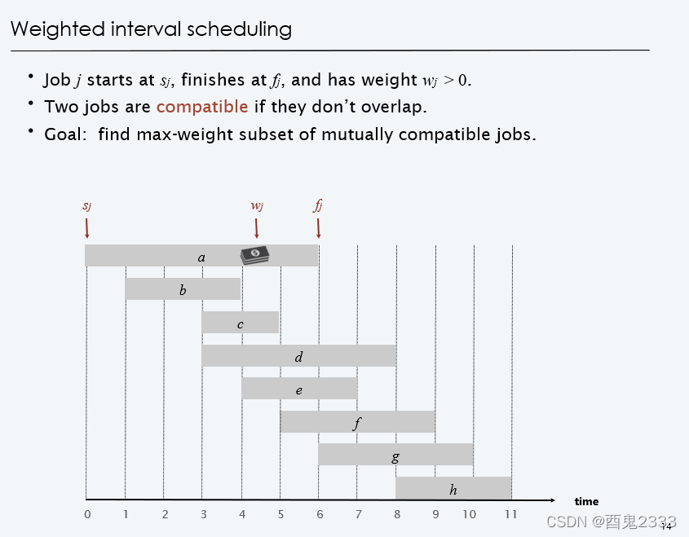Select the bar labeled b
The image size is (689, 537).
183,289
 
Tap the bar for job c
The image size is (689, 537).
241,323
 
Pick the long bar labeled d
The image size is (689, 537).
298,356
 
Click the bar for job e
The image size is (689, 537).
298,389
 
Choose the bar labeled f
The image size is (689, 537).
357,422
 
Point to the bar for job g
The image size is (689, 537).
395,455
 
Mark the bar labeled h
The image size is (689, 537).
453,488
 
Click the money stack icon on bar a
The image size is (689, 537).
255,255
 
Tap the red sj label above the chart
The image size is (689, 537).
86,205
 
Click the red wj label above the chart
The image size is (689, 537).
256,205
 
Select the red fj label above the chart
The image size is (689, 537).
318,205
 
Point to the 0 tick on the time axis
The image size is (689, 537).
87,514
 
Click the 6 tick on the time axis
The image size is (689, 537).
320,514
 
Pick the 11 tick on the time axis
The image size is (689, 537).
510,514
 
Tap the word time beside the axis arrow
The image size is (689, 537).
586,502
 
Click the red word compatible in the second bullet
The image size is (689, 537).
202,107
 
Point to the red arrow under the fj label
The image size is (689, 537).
319,227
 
